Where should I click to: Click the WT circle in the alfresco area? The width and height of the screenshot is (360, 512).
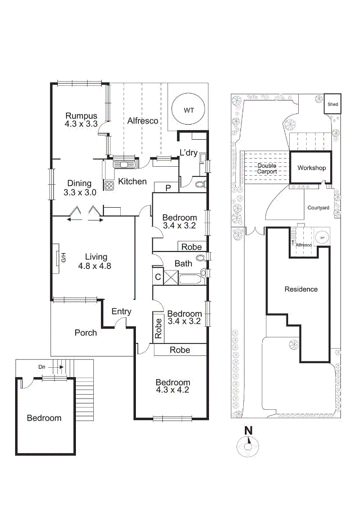[187, 109]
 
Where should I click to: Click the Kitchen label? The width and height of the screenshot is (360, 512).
[132, 181]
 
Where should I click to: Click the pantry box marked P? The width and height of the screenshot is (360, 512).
[168, 188]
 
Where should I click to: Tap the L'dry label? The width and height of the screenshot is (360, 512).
[188, 153]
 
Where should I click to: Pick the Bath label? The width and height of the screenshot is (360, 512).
[184, 263]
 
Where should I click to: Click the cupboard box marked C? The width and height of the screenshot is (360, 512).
[158, 277]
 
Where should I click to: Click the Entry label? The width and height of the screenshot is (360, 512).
[121, 312]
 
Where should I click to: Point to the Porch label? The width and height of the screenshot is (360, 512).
[86, 332]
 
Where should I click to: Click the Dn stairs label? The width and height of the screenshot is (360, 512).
[42, 367]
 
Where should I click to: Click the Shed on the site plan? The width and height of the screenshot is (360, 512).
[332, 104]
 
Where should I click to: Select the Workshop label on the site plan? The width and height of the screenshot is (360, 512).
[311, 168]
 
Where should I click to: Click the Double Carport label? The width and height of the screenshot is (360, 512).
[267, 168]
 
